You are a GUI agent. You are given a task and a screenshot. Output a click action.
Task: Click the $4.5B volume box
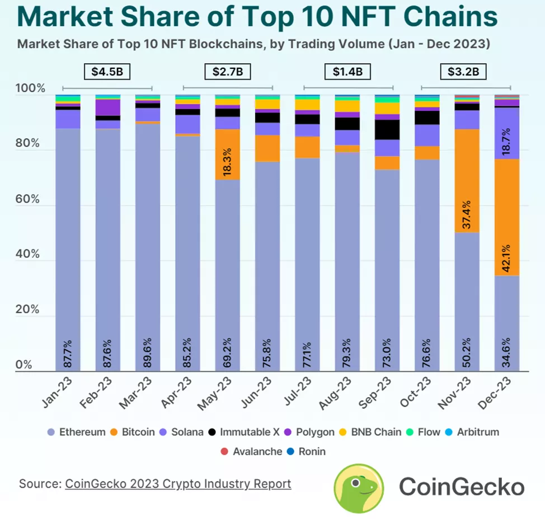click(107, 72)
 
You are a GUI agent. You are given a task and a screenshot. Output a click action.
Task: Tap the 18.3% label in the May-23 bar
click(228, 163)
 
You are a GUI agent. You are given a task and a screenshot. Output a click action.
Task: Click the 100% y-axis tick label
click(29, 89)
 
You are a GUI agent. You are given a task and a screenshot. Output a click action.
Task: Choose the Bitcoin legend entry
click(134, 432)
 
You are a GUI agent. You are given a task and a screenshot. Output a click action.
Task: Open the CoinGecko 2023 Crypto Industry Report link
click(178, 483)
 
